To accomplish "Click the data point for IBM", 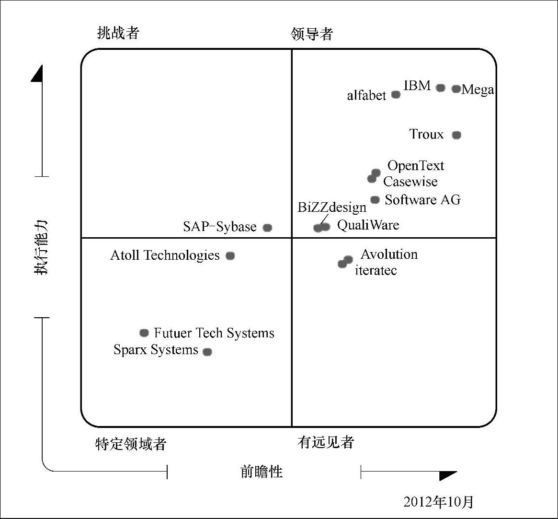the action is [441, 88].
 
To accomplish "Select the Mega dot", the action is [456, 89].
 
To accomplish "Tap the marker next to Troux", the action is [456, 135].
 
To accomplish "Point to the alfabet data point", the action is [396, 94].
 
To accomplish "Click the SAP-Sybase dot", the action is [268, 228].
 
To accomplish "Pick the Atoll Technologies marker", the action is [230, 256].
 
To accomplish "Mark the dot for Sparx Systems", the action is [207, 352].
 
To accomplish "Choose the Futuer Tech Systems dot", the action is [144, 333].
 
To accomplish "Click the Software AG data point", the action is [375, 200].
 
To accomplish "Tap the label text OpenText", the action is [416, 166].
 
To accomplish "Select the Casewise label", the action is [410, 182].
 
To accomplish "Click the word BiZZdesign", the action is [332, 208].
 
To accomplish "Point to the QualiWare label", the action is [368, 225].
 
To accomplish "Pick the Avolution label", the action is [389, 254].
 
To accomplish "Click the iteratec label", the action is [376, 270].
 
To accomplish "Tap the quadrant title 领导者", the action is [312, 35].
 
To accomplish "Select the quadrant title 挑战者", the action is [118, 33].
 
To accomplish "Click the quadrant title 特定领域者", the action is [131, 444].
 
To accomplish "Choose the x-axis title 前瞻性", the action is [261, 472].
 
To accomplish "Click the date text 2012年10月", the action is [438, 502].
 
